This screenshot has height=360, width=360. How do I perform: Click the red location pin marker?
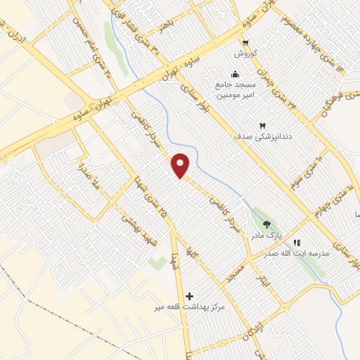pyautogui.click(x=181, y=165)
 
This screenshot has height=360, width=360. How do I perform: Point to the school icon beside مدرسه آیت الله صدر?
pyautogui.click(x=296, y=243)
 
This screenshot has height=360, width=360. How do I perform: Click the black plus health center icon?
pyautogui.click(x=189, y=296)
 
